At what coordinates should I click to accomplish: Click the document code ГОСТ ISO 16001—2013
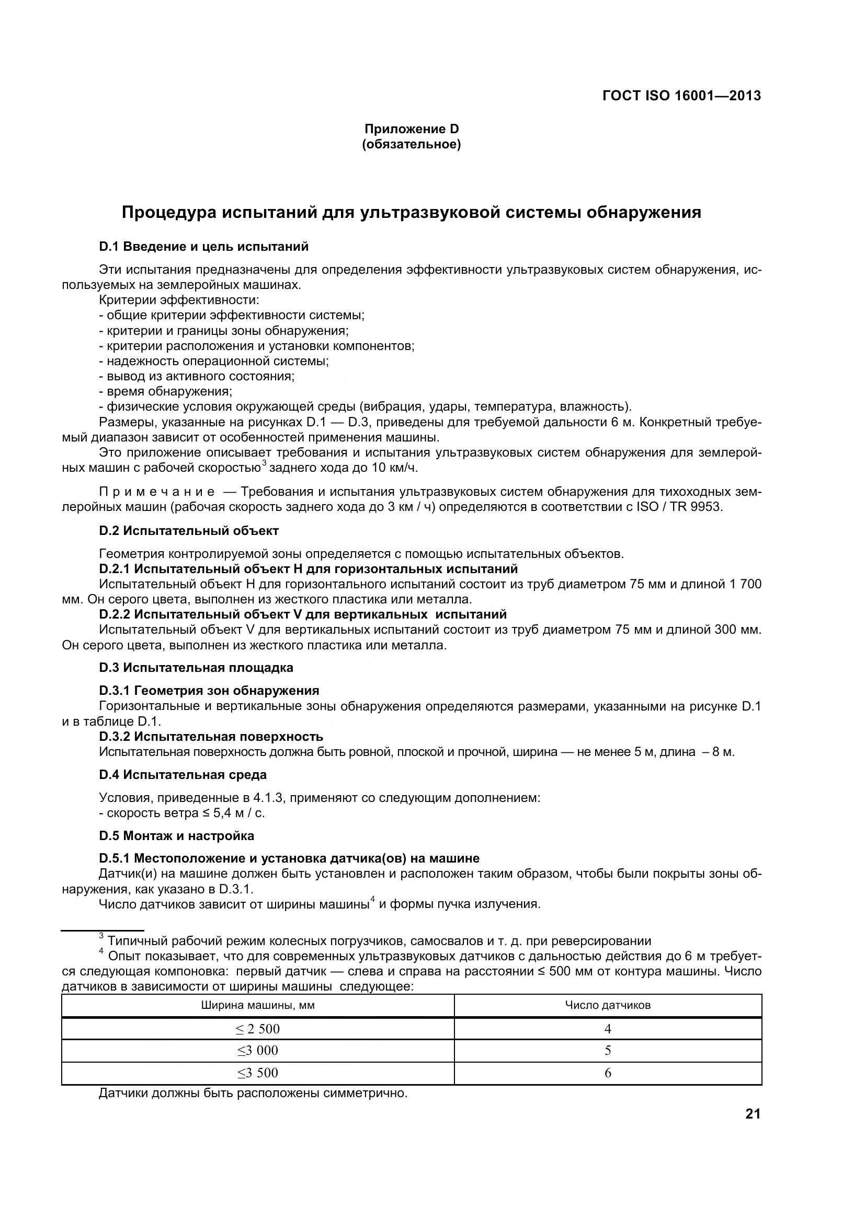tap(681, 96)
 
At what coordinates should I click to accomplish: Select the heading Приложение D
tap(411, 129)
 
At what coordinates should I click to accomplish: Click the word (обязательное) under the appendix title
tap(411, 144)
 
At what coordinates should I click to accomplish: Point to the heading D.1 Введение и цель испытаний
tap(203, 247)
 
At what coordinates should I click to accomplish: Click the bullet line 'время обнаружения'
tap(166, 392)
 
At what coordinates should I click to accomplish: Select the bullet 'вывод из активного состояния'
tap(197, 376)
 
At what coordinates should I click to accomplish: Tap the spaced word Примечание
tap(157, 492)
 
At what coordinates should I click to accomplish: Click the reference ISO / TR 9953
tap(680, 507)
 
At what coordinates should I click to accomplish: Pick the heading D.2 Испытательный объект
tap(189, 531)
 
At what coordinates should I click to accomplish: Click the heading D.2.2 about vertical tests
tap(302, 615)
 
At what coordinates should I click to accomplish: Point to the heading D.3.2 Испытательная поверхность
tap(211, 737)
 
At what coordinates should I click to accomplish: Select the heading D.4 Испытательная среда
tap(183, 775)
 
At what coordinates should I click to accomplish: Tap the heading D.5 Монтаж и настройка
tap(176, 836)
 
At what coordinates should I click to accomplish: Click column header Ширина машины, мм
tap(258, 1005)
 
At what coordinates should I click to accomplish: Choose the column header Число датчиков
tap(607, 1005)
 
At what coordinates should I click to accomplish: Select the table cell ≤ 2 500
tap(258, 1029)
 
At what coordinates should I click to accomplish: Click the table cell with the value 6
tap(607, 1074)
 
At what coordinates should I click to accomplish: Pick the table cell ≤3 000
tap(258, 1051)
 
